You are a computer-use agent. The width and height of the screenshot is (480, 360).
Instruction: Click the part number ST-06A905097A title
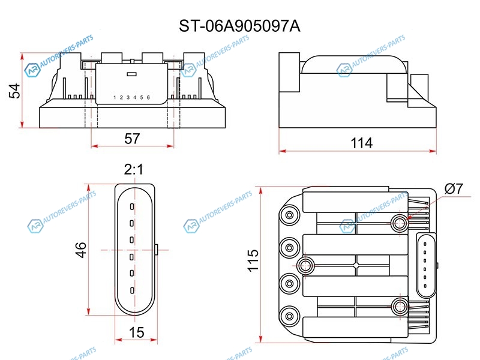[x=239, y=26]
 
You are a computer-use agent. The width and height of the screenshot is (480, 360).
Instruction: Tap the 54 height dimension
[x=14, y=91]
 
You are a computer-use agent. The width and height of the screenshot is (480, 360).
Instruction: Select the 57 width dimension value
[x=132, y=139]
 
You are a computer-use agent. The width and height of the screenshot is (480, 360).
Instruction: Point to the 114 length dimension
[x=361, y=143]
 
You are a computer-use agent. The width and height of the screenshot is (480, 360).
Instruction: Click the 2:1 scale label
[x=134, y=169]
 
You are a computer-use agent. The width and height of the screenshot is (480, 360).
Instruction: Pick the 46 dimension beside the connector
[x=81, y=250]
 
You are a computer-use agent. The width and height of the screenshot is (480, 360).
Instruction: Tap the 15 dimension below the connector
[x=136, y=332]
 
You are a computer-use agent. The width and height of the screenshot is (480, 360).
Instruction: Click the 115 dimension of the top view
[x=253, y=260]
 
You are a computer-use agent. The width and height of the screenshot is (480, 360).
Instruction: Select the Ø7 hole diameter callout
[x=454, y=188]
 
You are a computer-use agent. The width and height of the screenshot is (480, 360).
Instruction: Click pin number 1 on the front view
[x=115, y=98]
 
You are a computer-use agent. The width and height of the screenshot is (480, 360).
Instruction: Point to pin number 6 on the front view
[x=148, y=97]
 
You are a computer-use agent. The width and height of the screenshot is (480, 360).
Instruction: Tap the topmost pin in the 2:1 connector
[x=132, y=206]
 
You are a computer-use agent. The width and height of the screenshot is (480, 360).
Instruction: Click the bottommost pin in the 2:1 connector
[x=132, y=290]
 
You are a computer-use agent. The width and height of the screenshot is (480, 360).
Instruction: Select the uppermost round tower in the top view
[x=289, y=215]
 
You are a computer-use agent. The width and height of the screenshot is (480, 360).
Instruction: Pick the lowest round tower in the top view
[x=289, y=316]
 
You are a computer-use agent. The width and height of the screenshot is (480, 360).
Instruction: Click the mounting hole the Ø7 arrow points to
[x=400, y=223]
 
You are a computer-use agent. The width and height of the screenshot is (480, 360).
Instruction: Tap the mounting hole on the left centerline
[x=305, y=265]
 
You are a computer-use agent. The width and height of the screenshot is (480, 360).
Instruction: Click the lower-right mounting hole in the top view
[x=400, y=306]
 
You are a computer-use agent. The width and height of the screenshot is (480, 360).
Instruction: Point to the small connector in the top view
[x=426, y=265]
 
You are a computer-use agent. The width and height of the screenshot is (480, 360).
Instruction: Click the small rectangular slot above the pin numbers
[x=131, y=74]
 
